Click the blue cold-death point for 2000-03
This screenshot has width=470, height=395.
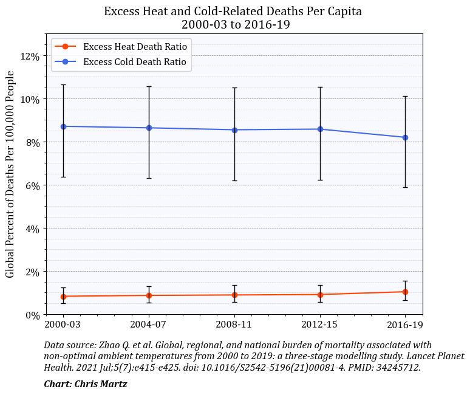point(63,126)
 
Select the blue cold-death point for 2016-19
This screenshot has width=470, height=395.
point(405,137)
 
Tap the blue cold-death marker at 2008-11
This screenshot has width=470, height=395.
point(234,130)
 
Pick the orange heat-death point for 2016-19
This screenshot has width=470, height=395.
point(405,292)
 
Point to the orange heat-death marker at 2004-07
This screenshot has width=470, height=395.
point(149,295)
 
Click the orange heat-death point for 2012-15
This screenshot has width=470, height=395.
point(320,295)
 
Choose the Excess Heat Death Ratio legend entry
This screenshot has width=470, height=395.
point(135,47)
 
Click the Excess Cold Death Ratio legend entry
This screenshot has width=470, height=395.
point(135,61)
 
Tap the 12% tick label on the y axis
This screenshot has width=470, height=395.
point(30,57)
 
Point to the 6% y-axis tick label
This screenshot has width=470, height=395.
point(32,186)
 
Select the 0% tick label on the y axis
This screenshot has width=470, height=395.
point(32,315)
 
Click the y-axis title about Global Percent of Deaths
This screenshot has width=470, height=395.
point(10,174)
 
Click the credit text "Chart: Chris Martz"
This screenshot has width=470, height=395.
point(86,384)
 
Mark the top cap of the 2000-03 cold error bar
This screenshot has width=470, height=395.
point(63,85)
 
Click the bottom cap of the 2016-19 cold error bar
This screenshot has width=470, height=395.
point(405,187)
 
